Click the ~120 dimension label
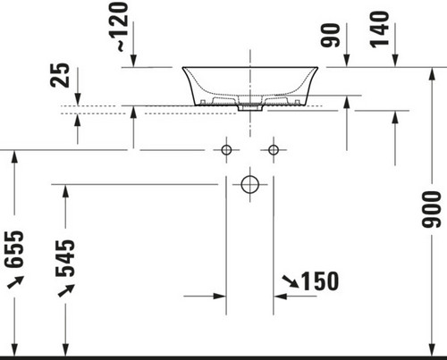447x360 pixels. coord(122,27)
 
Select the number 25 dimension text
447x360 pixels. coord(60,75)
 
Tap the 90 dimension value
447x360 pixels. coord(330,35)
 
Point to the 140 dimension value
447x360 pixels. coord(379,29)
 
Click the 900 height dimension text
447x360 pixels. coord(432,209)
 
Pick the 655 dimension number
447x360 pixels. coord(14,249)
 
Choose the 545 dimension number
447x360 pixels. coord(65,258)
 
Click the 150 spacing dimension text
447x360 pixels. coord(320,280)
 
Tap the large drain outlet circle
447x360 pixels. coord(250,185)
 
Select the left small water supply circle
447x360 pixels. coord(226,150)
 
